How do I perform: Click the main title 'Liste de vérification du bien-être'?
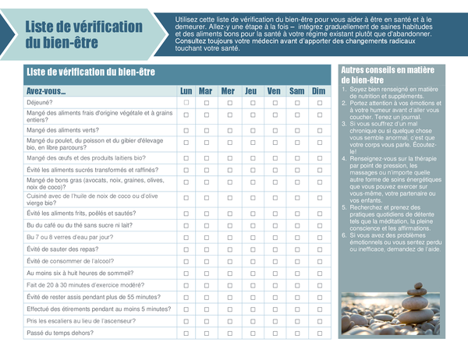83,35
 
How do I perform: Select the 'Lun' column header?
186,91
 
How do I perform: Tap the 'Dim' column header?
318,91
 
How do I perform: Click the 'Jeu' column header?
250,91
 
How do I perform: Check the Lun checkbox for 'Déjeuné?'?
186,103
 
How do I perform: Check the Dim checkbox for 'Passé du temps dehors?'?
318,334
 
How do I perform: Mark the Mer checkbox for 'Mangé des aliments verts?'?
228,130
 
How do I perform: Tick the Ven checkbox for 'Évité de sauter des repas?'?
274,249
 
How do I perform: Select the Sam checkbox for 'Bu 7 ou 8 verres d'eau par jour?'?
296,237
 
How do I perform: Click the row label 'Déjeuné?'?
41,103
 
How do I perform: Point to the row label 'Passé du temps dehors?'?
60,334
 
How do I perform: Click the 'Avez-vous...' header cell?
46,91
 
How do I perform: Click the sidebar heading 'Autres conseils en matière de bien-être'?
388,75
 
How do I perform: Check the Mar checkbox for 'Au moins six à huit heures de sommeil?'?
207,274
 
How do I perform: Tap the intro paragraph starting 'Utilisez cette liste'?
314,33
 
